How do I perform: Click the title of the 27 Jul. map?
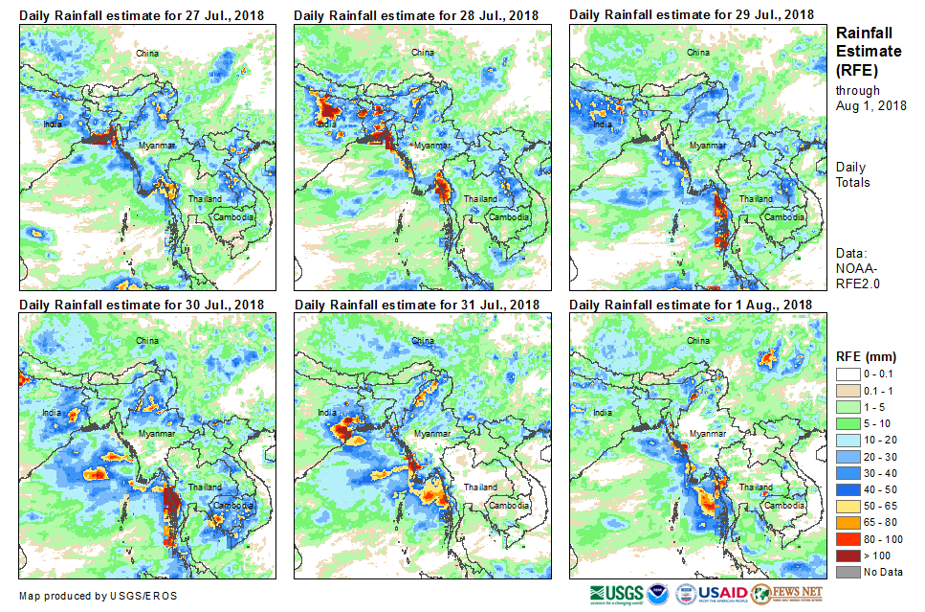[x=141, y=14]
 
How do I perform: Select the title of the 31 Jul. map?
[x=416, y=305]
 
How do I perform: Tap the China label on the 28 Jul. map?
[x=422, y=53]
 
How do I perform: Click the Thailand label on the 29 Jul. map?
[x=756, y=199]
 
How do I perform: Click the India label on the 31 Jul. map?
[x=326, y=414]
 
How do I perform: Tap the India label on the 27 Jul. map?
[x=53, y=125]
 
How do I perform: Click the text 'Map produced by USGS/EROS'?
[x=98, y=596]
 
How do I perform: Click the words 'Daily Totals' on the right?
[x=852, y=174]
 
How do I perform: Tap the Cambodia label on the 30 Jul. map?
[x=232, y=506]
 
